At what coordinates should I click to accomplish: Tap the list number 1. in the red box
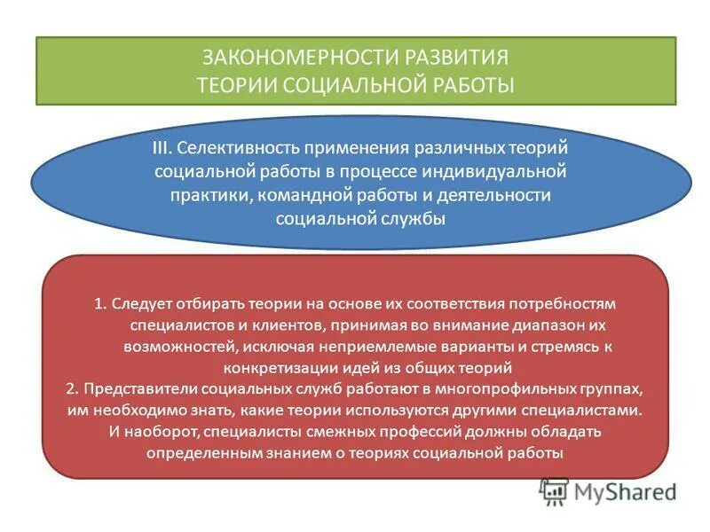[x=100, y=303]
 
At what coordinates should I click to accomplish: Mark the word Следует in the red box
[x=141, y=303]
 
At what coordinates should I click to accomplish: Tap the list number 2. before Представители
[x=72, y=388]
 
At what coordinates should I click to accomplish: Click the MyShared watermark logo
[x=608, y=490]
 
